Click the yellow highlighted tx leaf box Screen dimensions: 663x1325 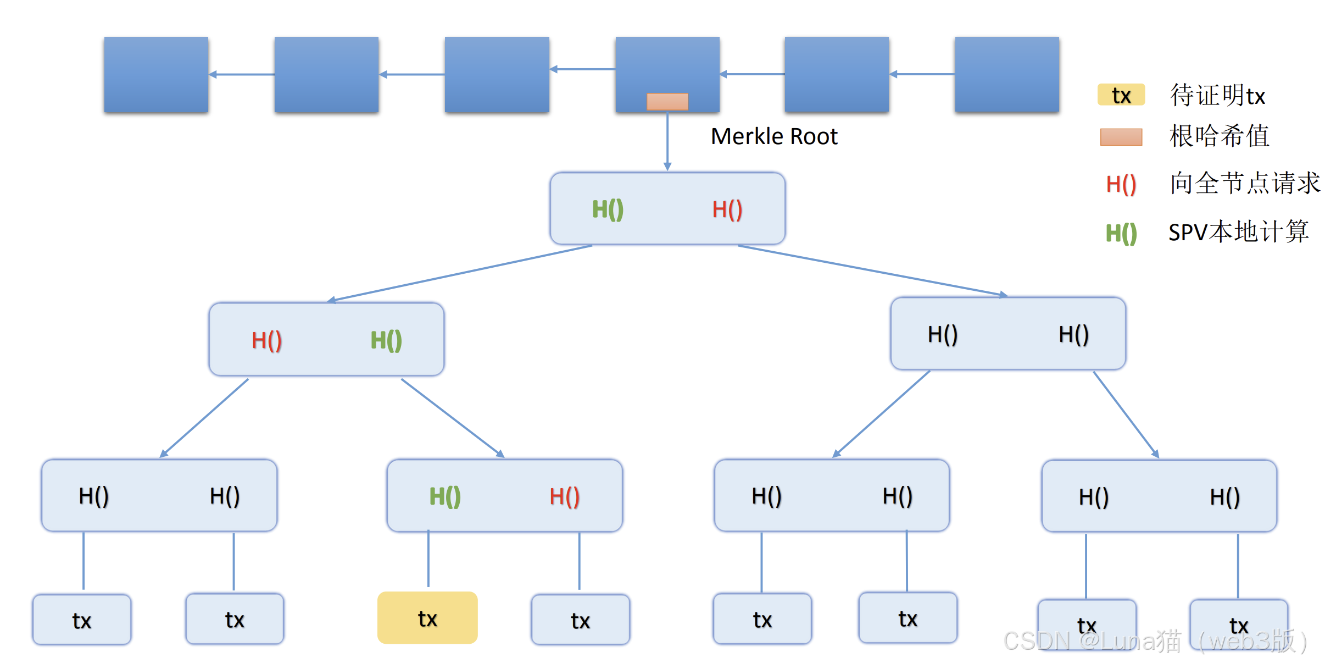[x=427, y=617]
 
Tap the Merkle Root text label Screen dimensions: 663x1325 [x=773, y=136]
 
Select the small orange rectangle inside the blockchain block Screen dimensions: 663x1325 [x=667, y=101]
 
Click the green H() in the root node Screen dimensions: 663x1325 [x=608, y=209]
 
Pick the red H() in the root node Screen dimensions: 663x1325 [x=727, y=209]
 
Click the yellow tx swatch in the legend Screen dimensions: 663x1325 [x=1121, y=95]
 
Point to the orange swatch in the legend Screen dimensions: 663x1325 [x=1121, y=137]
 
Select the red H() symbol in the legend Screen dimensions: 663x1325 [x=1121, y=184]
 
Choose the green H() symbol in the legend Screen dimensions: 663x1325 [x=1121, y=233]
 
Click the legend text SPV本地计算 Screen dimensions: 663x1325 [x=1239, y=232]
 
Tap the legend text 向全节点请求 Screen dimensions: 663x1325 [x=1245, y=183]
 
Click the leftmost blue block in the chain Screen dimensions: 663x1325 [x=156, y=74]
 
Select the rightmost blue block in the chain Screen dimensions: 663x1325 [x=1007, y=74]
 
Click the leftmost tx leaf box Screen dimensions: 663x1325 [x=82, y=620]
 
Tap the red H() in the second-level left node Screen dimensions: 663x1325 [x=267, y=340]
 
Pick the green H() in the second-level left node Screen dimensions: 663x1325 [x=386, y=340]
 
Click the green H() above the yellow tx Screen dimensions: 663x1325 [x=445, y=496]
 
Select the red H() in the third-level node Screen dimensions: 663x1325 [x=565, y=496]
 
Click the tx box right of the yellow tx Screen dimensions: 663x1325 [x=581, y=620]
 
